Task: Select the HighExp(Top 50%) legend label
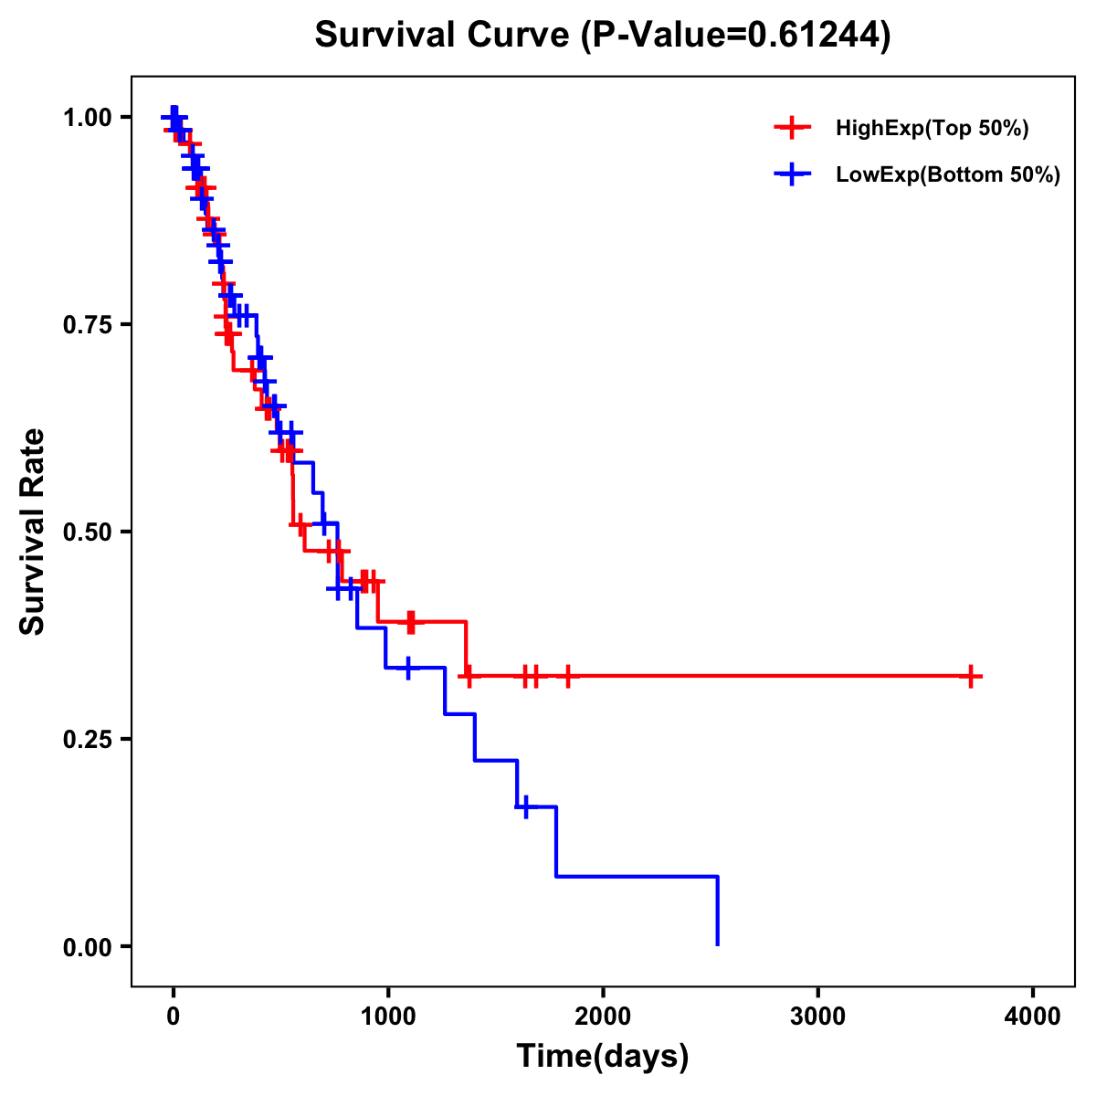coord(933,129)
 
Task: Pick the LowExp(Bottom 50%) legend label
coord(948,175)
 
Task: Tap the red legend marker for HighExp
coord(793,129)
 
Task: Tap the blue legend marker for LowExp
coord(793,175)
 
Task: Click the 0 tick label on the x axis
coord(173,1017)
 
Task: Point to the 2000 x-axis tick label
coord(603,1017)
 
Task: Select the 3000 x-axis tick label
coord(817,1017)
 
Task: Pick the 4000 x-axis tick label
coord(1033,1017)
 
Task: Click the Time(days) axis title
coord(603,1057)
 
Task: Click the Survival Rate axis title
coord(34,532)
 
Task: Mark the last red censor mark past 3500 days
coord(972,677)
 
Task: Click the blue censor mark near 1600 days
coord(525,807)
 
